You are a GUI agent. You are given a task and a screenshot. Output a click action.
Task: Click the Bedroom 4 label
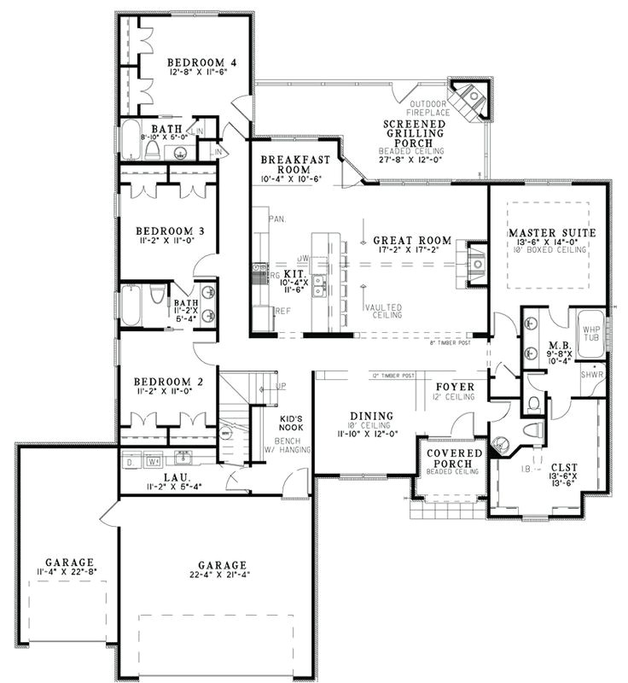pos(201,62)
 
